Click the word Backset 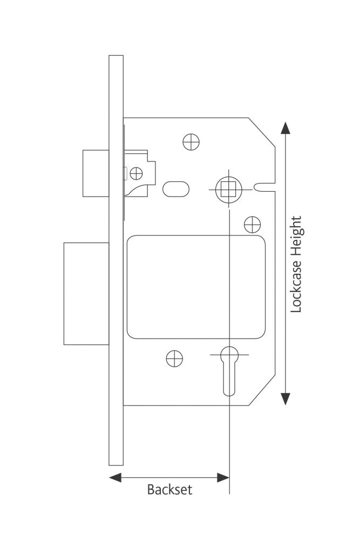click(x=169, y=490)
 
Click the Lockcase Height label click(x=297, y=265)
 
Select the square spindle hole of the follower click(x=226, y=189)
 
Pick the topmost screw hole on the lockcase click(x=191, y=142)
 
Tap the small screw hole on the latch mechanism click(x=137, y=173)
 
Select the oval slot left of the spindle click(x=176, y=188)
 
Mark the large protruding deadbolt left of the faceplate click(x=86, y=293)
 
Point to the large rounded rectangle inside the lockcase click(x=197, y=286)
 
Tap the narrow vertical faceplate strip click(x=116, y=259)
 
